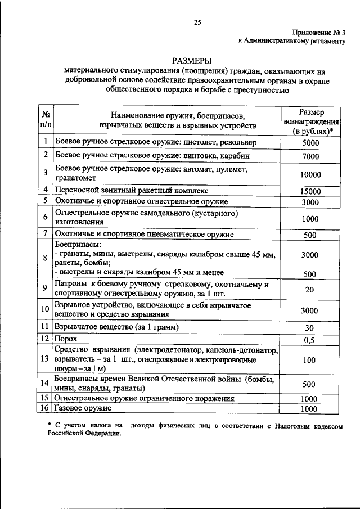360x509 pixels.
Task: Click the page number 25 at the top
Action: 196,22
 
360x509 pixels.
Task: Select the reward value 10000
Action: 310,174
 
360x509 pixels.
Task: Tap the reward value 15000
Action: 310,191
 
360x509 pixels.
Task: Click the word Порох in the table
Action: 66,339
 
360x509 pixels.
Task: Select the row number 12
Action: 45,339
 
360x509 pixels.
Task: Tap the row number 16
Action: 45,409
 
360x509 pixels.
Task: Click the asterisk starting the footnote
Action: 49,427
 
